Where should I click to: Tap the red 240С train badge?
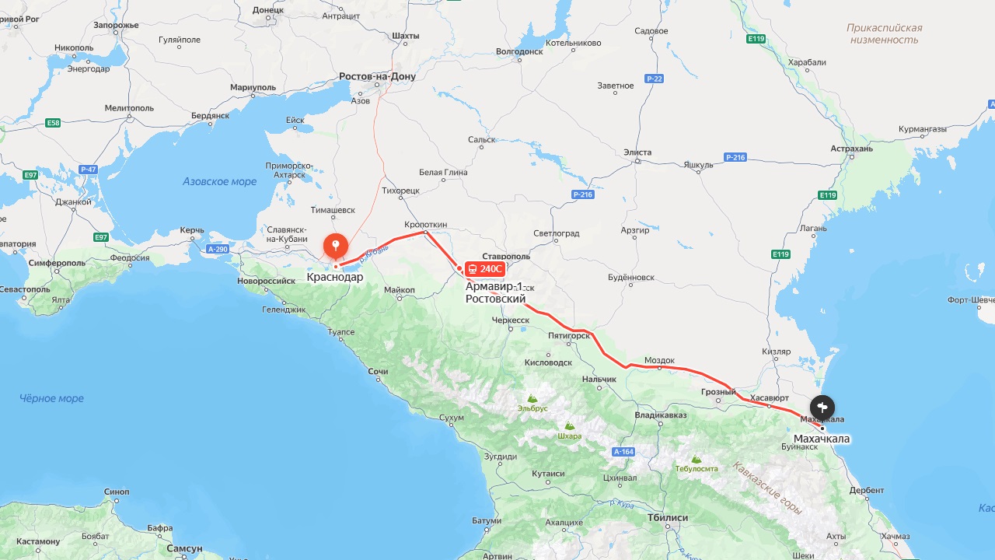click(x=484, y=269)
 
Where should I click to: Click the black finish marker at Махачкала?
click(x=822, y=407)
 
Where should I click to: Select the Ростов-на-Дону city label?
click(x=377, y=76)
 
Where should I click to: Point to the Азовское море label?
click(x=219, y=181)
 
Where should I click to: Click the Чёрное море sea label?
click(x=51, y=398)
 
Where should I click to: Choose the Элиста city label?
click(x=637, y=152)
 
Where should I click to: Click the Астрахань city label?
click(x=851, y=148)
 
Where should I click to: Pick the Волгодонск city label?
click(x=518, y=51)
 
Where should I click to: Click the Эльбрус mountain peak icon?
click(x=532, y=397)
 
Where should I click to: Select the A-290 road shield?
click(x=218, y=249)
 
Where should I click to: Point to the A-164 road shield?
click(x=623, y=452)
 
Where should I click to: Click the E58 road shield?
click(x=53, y=123)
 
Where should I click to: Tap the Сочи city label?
click(x=378, y=372)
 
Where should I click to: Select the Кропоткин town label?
click(x=425, y=224)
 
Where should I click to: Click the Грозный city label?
click(x=717, y=392)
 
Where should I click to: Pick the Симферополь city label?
click(x=56, y=263)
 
